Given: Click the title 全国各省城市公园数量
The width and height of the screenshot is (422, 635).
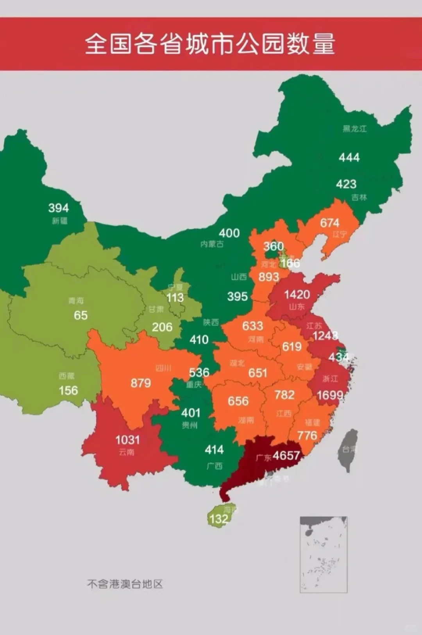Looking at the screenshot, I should [x=210, y=43].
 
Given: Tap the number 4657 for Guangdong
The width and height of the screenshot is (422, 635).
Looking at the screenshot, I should [x=286, y=456].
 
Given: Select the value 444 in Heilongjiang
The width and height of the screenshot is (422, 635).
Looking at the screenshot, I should [x=349, y=158].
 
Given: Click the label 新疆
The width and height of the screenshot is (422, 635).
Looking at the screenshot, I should [x=59, y=221].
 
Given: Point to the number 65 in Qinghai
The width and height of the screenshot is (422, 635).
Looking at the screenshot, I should [x=80, y=315].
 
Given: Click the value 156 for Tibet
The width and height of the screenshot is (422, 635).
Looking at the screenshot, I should [x=68, y=390].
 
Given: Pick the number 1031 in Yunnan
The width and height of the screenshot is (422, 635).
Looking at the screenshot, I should [x=127, y=440].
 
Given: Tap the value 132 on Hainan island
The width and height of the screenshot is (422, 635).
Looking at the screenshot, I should [x=218, y=519].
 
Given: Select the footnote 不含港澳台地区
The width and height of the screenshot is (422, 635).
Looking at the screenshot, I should [x=125, y=584].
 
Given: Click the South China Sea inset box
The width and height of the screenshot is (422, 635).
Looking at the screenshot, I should [x=324, y=554].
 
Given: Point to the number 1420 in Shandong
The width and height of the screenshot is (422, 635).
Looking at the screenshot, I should [x=297, y=294].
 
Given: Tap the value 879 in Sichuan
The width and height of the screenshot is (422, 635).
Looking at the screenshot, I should [x=141, y=383].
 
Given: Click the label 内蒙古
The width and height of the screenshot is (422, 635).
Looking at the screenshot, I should [x=212, y=244].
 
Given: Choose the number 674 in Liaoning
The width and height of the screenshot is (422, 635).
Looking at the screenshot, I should [x=329, y=223].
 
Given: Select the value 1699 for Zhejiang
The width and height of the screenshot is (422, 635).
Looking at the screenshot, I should [x=330, y=395].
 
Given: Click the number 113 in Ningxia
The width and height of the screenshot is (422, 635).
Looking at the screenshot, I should [x=175, y=298].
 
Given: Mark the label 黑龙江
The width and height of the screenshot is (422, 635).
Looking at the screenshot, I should [x=354, y=129].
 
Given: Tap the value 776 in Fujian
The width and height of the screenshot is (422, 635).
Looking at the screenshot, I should [x=307, y=435].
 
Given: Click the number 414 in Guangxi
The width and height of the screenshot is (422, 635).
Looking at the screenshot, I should [x=214, y=450].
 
